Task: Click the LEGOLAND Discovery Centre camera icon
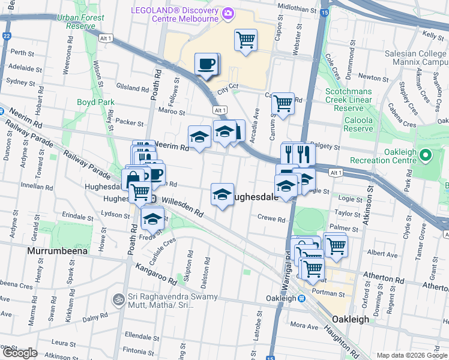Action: [228, 13]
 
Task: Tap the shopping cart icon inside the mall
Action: [246, 40]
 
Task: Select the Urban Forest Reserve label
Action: [77, 22]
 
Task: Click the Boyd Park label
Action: [95, 102]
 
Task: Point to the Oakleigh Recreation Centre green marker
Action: [426, 156]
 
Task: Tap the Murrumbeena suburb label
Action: [57, 250]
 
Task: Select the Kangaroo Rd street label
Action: [155, 272]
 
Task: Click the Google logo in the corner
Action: [20, 353]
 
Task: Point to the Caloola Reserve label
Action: [358, 124]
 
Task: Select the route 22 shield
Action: [7, 36]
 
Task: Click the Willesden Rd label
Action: [182, 207]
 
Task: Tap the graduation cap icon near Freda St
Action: [152, 218]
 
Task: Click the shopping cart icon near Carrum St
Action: [283, 103]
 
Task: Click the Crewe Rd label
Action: [271, 220]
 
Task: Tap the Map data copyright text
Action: [411, 355]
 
